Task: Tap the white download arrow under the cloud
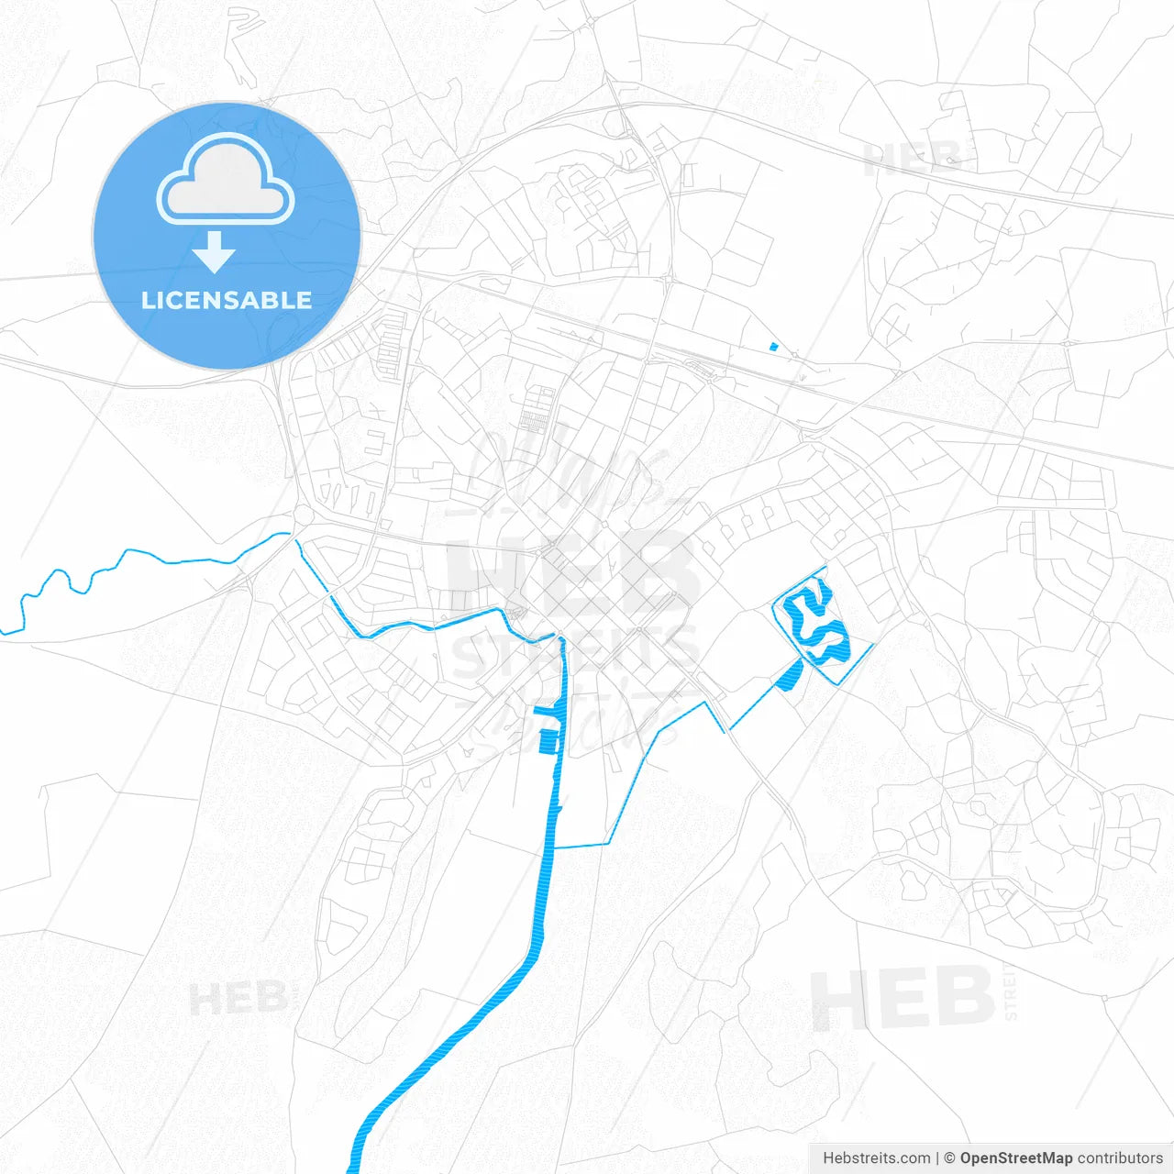click(x=215, y=252)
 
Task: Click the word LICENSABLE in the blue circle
click(x=226, y=300)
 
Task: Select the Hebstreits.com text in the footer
click(x=876, y=1158)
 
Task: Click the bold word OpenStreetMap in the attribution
click(x=1015, y=1158)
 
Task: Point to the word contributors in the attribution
click(x=1120, y=1158)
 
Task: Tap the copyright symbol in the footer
click(x=949, y=1158)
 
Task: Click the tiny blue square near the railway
click(x=773, y=346)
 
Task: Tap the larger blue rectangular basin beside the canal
click(x=548, y=741)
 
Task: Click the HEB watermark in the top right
click(x=912, y=158)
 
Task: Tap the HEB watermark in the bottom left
click(x=238, y=998)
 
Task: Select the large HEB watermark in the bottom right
click(x=903, y=998)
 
